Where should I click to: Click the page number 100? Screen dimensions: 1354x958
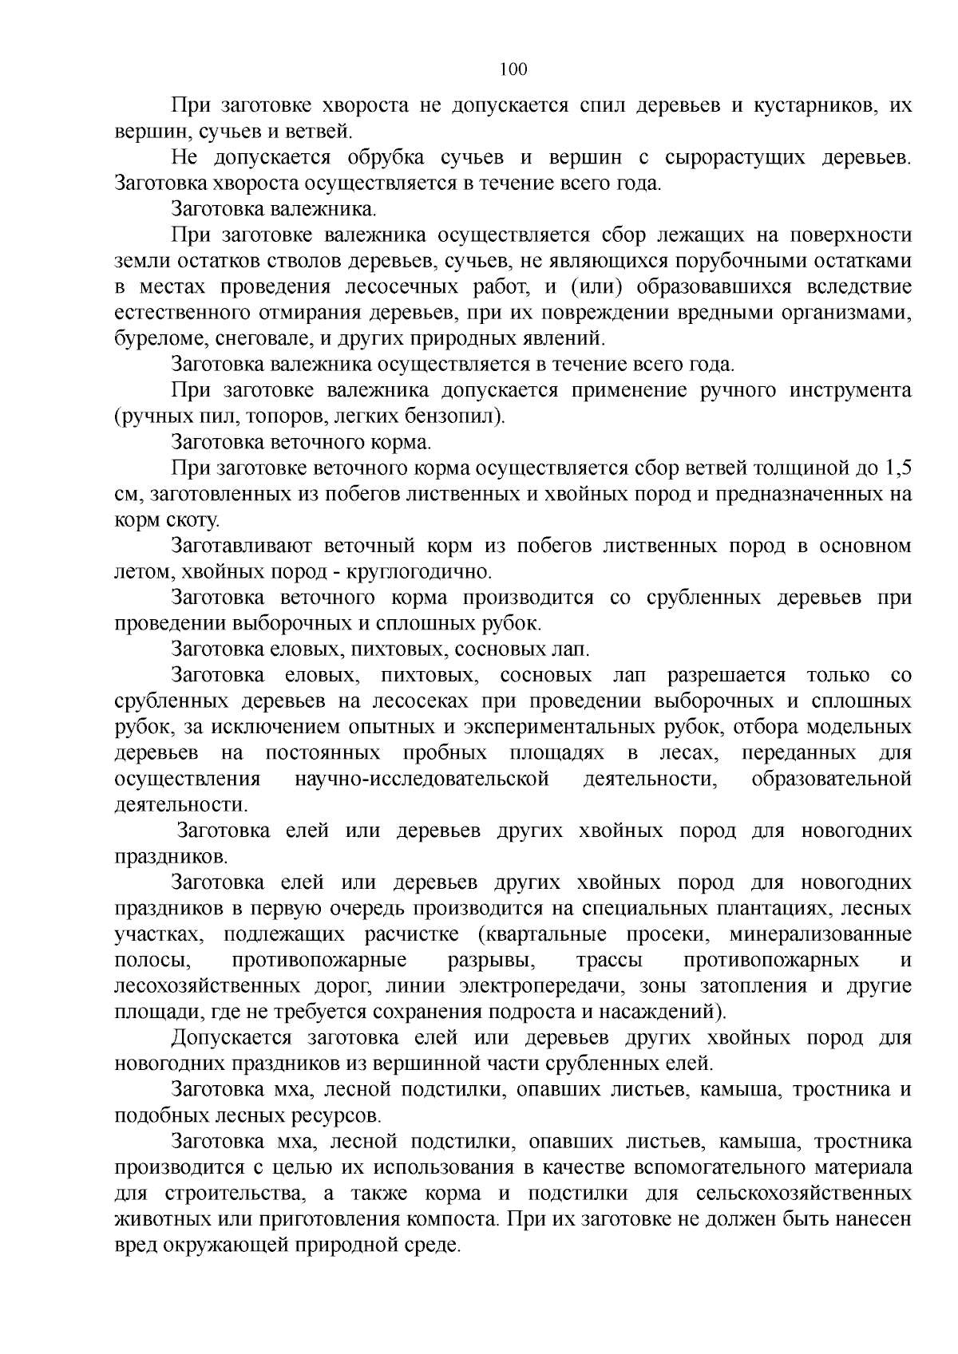[x=513, y=69]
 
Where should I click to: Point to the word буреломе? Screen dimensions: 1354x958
[x=160, y=338]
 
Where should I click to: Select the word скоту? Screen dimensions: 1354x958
[x=190, y=520]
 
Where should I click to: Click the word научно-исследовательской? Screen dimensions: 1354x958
[x=422, y=780]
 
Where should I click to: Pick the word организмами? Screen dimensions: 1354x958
[x=845, y=312]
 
